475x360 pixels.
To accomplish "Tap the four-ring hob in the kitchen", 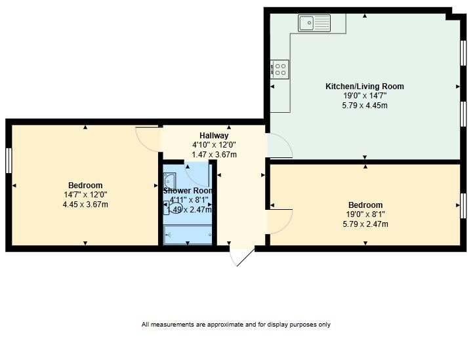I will [279, 68].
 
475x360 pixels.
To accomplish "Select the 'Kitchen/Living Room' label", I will [365, 87].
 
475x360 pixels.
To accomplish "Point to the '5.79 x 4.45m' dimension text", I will [365, 105].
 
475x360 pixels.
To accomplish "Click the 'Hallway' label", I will [214, 136].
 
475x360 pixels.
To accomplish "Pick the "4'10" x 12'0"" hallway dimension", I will [214, 145].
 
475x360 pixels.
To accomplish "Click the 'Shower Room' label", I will [188, 191].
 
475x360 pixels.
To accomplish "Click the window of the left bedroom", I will [9, 161].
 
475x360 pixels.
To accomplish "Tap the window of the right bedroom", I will [463, 206].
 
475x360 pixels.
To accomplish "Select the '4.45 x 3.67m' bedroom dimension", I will [85, 205].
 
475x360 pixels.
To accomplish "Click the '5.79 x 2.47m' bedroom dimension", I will [365, 224].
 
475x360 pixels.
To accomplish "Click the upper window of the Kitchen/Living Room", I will [463, 51].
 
